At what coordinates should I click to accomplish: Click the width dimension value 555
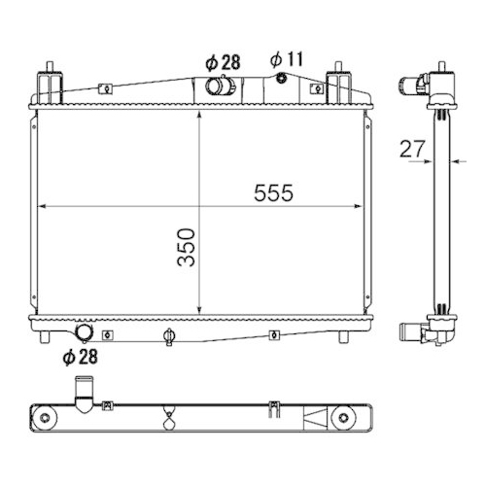tap(273, 192)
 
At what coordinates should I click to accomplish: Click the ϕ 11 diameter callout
tap(289, 60)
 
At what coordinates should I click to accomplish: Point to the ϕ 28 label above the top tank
tap(223, 61)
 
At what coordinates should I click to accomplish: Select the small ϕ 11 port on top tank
tap(282, 79)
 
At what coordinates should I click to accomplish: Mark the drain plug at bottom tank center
tap(169, 337)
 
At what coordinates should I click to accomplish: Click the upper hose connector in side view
tap(425, 84)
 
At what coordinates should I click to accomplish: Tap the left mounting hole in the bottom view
tap(45, 419)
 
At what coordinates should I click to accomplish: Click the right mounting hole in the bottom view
tap(342, 419)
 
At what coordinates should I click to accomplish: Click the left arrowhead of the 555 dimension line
tap(42, 205)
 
